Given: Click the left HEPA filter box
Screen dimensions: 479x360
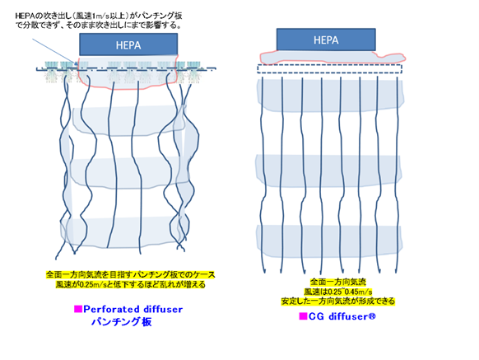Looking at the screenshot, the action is tap(128, 44).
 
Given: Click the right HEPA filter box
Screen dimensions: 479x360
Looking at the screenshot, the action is tap(326, 40).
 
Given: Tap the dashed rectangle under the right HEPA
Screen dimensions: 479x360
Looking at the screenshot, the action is tap(329, 69).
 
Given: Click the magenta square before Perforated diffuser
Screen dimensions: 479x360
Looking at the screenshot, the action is tap(78, 309).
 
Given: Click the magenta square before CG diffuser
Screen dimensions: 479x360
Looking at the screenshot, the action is tap(303, 316).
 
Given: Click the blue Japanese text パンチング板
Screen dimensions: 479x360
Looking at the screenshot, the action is tap(122, 322).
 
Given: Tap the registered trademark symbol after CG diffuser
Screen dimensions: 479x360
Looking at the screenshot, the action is tap(372, 316).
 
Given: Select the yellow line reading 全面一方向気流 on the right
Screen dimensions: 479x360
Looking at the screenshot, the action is tap(338, 282).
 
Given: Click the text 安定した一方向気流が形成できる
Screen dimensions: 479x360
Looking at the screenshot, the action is tap(338, 302).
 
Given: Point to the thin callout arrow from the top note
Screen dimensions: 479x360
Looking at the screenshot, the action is tap(54, 52).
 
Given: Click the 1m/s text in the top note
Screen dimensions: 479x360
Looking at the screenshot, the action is tap(99, 16).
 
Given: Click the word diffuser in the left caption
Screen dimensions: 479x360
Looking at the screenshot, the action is tap(164, 309).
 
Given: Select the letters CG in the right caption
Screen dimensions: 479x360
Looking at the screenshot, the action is tap(317, 316).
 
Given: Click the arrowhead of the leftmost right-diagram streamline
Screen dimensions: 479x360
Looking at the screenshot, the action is tap(264, 271).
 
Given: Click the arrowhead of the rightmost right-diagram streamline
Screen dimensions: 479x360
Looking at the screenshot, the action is tap(396, 271).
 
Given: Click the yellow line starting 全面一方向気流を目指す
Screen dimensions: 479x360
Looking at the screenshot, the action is tap(130, 274).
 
